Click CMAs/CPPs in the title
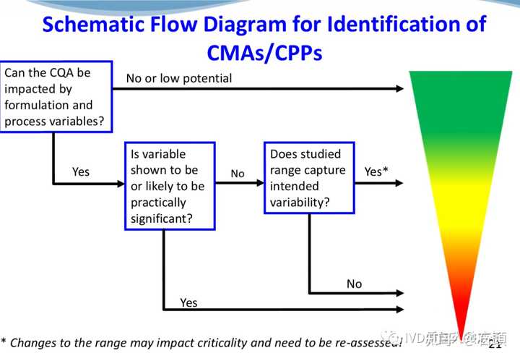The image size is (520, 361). tap(264, 53)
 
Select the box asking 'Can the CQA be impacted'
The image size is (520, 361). tap(57, 97)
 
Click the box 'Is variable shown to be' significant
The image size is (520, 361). tap(170, 186)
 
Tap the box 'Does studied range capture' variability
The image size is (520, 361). tap(309, 178)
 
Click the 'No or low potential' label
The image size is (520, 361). tap(179, 78)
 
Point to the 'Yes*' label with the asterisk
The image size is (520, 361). tap(376, 171)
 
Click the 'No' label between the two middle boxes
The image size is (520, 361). tap(238, 174)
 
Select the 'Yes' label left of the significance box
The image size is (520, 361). tap(81, 171)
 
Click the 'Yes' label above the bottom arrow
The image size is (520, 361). tap(188, 302)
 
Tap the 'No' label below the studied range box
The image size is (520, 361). tap(354, 284)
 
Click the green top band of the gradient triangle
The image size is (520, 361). tap(459, 87)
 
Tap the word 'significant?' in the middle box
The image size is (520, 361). tap(161, 218)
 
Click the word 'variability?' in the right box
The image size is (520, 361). tap(300, 202)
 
